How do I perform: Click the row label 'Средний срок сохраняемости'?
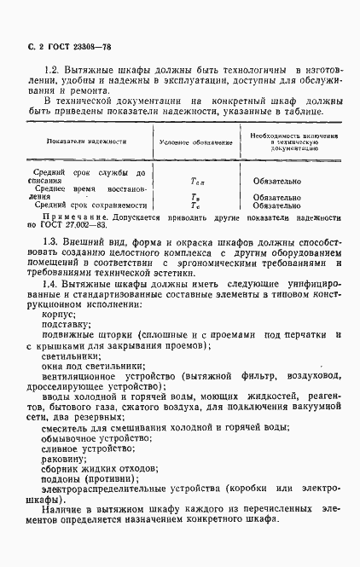pos(85,205)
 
